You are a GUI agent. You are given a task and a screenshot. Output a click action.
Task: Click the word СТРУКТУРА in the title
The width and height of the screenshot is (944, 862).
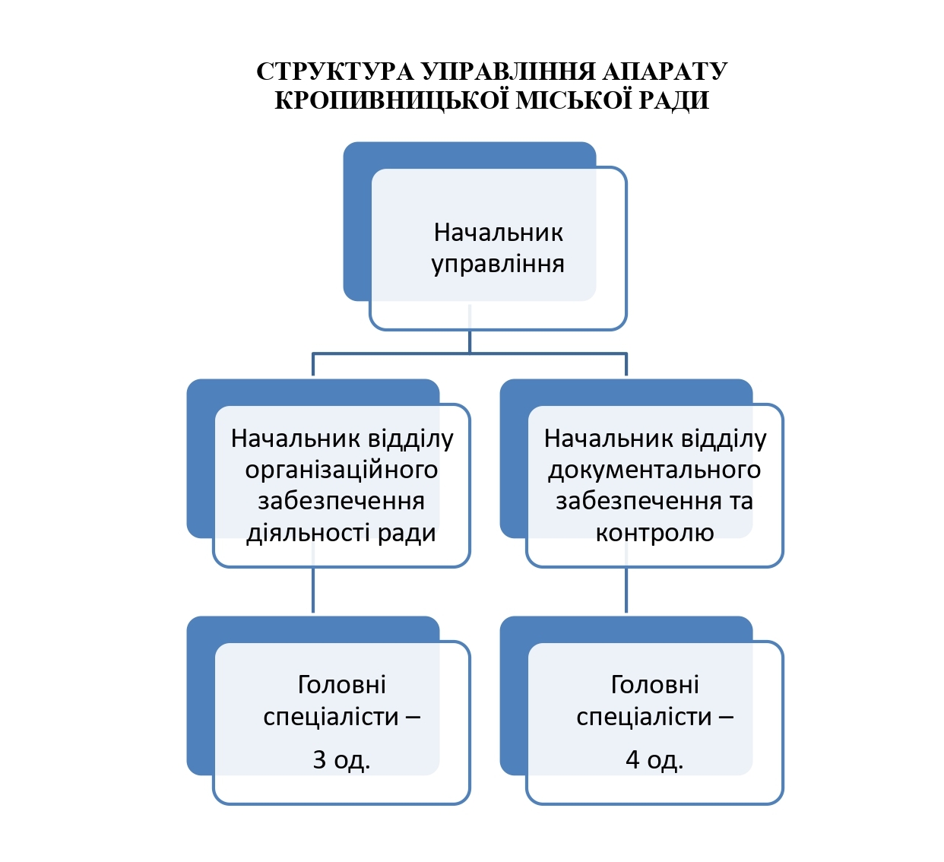[x=334, y=71]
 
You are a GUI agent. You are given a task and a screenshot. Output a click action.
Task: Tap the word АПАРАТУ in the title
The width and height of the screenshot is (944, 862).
[x=665, y=71]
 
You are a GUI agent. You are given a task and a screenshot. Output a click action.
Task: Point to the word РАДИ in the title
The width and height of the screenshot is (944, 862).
[x=673, y=100]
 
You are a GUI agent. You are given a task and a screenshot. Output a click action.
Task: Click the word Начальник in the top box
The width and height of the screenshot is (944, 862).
[x=498, y=233]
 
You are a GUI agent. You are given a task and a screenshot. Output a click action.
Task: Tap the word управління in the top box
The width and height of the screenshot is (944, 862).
[x=498, y=264]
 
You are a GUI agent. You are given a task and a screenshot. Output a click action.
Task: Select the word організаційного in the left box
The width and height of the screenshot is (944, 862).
[x=341, y=471]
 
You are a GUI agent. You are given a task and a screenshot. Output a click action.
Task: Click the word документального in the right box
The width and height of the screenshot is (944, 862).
[x=654, y=471]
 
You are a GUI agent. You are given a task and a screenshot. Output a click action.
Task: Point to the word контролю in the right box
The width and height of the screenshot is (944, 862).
[x=654, y=534]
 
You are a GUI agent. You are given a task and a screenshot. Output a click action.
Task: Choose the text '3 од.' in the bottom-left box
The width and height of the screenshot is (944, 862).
[x=341, y=759]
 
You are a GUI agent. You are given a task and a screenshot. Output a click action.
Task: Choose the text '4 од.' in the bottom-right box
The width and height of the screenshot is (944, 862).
[x=654, y=759]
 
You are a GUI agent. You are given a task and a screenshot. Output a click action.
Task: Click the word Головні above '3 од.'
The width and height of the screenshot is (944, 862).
[x=341, y=685]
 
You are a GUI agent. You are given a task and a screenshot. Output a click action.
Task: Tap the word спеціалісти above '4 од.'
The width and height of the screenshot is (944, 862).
[x=644, y=718]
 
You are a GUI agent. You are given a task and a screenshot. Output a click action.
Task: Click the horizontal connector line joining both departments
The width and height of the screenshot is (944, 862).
[x=470, y=353]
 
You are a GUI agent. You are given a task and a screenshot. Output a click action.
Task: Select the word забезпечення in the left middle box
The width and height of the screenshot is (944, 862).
[x=341, y=502]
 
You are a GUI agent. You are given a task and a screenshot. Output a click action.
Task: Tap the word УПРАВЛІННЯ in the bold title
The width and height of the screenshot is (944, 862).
[x=508, y=71]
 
